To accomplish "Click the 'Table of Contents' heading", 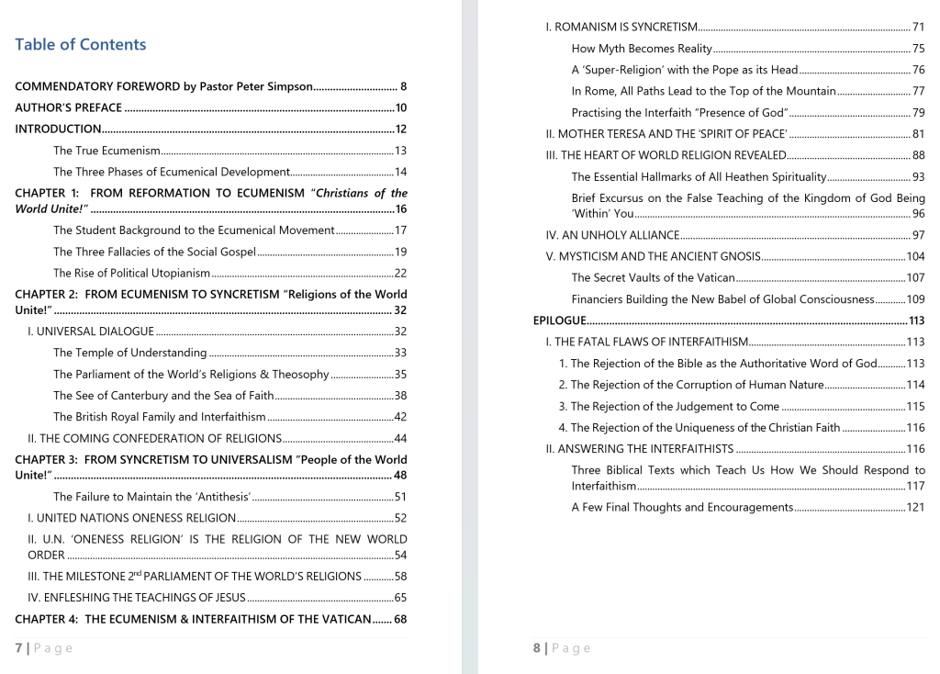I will click(81, 45).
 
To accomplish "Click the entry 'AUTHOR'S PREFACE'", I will click(68, 108).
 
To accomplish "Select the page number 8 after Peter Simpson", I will click(403, 87).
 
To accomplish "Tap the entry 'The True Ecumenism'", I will click(106, 151).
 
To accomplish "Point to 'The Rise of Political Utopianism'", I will click(131, 273).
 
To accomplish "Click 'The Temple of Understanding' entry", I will click(129, 353).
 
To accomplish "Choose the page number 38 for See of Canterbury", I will click(400, 396).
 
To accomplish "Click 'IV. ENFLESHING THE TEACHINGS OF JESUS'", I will click(137, 598).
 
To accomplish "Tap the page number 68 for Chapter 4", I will click(400, 619).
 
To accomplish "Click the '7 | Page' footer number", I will click(19, 648).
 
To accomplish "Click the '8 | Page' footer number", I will click(537, 648).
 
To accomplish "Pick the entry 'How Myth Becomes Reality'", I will click(642, 49).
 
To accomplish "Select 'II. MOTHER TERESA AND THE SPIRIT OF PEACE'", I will click(666, 134).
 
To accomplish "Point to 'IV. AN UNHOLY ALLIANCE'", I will click(612, 235).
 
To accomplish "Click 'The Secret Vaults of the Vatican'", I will click(653, 277).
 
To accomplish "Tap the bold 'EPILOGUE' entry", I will click(559, 320).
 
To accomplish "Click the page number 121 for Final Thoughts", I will click(915, 507).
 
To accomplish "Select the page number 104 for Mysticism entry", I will click(915, 256).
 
